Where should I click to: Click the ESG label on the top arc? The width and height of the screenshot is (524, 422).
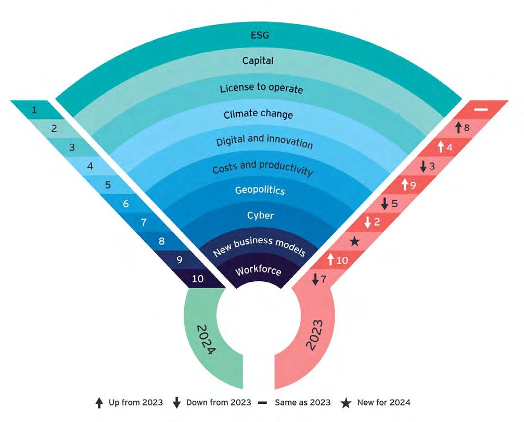point(258,36)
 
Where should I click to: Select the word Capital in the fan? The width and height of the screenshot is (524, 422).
point(258,61)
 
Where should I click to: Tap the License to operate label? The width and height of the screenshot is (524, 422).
point(261,88)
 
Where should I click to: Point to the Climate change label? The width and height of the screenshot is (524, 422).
point(258,114)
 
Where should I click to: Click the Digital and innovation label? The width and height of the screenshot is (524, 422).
point(264,141)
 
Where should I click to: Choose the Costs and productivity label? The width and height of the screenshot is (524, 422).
point(262,168)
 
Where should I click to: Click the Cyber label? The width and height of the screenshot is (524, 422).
point(260,216)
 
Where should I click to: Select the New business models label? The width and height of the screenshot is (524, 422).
point(258,244)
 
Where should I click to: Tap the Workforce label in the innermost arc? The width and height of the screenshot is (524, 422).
point(259,271)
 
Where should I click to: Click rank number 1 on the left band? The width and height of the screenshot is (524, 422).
point(34,110)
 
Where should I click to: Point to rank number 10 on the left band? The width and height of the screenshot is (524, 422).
point(198,279)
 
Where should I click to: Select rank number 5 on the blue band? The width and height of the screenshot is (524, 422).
point(108,185)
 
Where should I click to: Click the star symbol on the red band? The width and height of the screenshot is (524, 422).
point(355,241)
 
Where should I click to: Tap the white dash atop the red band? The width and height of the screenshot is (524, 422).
point(480,110)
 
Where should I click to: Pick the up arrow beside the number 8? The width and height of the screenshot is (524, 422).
point(458,127)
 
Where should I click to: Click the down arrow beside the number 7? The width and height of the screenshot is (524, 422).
point(315,279)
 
